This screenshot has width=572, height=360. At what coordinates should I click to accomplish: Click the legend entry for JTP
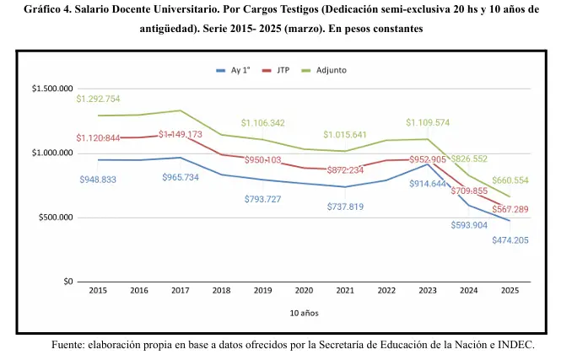click(x=282, y=70)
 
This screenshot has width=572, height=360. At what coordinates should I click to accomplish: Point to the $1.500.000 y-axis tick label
click(x=52, y=89)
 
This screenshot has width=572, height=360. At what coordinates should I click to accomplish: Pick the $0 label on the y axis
click(x=67, y=282)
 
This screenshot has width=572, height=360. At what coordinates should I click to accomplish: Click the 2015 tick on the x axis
click(x=98, y=291)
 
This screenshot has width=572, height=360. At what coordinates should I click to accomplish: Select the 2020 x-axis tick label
click(x=304, y=291)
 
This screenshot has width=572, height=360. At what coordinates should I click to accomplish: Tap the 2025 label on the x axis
click(x=509, y=291)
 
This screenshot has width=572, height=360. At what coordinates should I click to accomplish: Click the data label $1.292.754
click(x=98, y=99)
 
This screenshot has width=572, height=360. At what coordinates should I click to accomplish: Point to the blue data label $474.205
click(x=511, y=240)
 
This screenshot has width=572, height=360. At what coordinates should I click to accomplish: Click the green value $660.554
click(x=510, y=180)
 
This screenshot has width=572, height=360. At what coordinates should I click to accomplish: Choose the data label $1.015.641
click(x=345, y=135)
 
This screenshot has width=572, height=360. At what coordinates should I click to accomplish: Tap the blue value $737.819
click(x=346, y=207)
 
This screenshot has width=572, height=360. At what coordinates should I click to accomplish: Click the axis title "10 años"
click(x=302, y=313)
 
